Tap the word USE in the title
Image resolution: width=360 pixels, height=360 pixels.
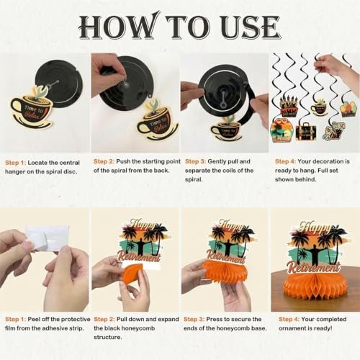click(x=251, y=27)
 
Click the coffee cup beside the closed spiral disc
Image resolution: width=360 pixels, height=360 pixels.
click(x=31, y=108)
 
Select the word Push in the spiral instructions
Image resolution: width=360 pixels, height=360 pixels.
click(x=123, y=161)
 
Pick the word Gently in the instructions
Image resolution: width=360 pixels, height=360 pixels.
click(x=217, y=161)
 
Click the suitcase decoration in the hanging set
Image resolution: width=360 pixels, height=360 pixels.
click(x=306, y=132)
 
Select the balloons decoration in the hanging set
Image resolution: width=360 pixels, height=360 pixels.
click(x=349, y=109)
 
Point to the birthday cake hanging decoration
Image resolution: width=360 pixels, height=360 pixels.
click(x=289, y=107)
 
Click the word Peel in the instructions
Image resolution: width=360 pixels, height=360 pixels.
click(x=34, y=320)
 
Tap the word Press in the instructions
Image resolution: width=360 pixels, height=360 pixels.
click(x=214, y=320)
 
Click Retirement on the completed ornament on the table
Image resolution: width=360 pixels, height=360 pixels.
click(x=314, y=267)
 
